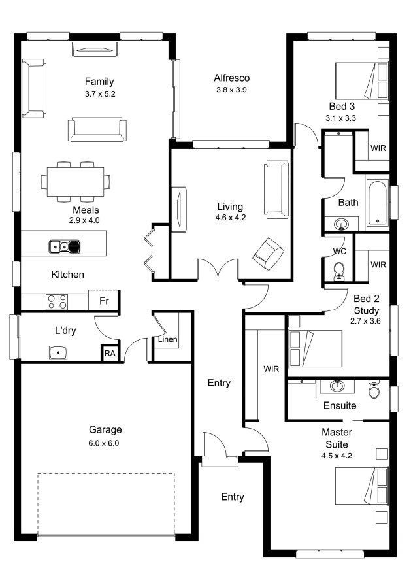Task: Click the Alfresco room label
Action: click(232, 78)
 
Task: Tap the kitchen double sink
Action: click(65, 246)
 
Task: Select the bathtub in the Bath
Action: click(378, 203)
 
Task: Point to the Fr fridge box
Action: click(104, 300)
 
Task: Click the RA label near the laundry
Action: click(110, 353)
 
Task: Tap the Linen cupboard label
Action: click(168, 339)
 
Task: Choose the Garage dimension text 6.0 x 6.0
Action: click(104, 443)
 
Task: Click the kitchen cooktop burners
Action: click(57, 302)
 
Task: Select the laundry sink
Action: click(58, 353)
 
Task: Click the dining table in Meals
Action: click(76, 182)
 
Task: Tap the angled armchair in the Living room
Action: click(268, 253)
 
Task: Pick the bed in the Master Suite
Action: click(361, 486)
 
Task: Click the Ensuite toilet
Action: click(374, 390)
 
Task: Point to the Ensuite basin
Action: click(337, 386)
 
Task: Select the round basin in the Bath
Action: click(341, 224)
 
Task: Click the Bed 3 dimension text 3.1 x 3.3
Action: click(340, 118)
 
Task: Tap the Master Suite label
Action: click(337, 438)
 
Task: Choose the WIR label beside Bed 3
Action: click(378, 148)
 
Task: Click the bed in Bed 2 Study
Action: click(315, 348)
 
